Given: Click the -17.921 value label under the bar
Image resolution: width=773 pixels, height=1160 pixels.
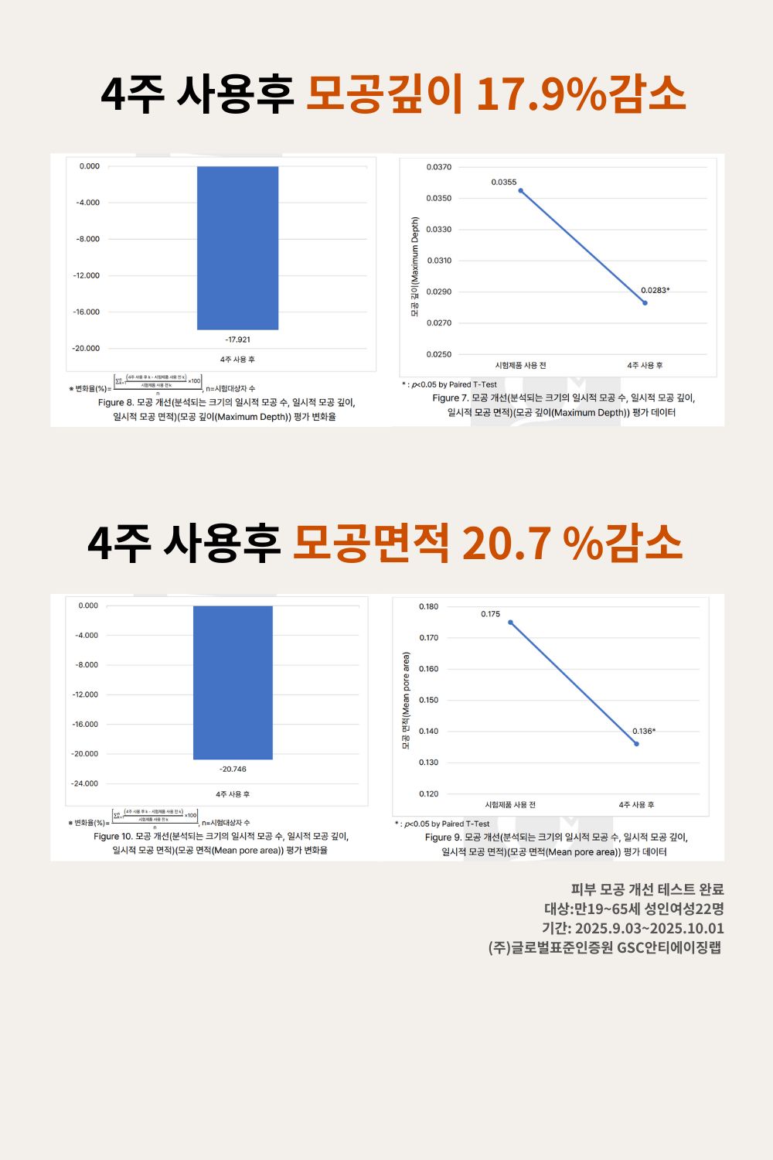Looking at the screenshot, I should (237, 339).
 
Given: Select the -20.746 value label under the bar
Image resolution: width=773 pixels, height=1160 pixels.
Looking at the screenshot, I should (233, 769).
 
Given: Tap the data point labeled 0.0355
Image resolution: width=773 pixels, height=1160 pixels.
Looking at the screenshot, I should (520, 190).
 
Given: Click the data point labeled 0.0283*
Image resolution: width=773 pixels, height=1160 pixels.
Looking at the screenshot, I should (645, 302).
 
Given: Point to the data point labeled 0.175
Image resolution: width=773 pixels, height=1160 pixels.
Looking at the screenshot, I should (510, 622).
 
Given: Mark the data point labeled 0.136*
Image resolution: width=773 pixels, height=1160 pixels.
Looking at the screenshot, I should (636, 744).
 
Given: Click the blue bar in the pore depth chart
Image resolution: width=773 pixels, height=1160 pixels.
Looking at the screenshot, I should (237, 247).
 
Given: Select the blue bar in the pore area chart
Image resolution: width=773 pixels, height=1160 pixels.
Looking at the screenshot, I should (233, 682).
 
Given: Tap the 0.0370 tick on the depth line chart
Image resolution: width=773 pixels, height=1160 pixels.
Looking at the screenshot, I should (438, 167).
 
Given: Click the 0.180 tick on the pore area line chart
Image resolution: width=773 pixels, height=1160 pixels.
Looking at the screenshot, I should (428, 606).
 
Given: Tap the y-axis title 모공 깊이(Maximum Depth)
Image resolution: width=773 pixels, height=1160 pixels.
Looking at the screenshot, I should (414, 267).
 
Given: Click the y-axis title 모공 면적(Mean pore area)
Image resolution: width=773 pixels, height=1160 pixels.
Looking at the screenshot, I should (406, 701).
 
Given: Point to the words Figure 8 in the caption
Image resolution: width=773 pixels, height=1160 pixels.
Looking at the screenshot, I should (115, 403).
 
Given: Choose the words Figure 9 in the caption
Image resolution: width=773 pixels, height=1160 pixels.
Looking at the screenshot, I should (442, 838).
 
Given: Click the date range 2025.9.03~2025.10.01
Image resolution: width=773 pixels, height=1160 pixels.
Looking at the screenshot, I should (649, 928).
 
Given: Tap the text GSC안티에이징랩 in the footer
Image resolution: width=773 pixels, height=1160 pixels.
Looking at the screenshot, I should (669, 947).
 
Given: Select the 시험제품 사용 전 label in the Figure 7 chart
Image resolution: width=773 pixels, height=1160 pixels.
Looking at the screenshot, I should (520, 365).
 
